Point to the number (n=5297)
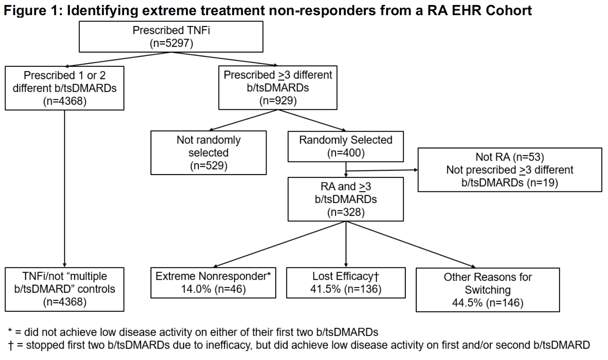(x=171, y=43)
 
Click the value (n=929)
(x=278, y=101)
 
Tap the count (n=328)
(x=346, y=212)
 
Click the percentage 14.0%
(x=196, y=289)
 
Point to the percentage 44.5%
(x=467, y=303)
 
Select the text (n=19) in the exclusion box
(x=542, y=183)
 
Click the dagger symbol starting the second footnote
(x=11, y=345)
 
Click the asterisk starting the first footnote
(x=10, y=331)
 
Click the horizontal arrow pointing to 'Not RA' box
(x=382, y=170)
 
